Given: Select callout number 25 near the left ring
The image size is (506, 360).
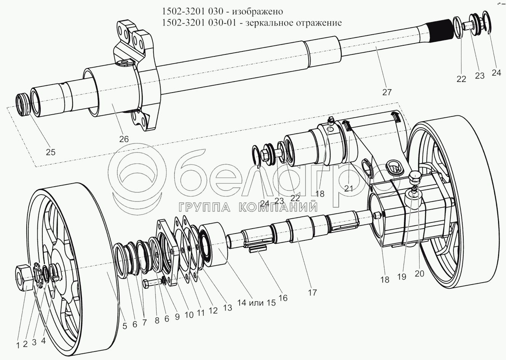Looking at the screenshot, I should tap(50, 152).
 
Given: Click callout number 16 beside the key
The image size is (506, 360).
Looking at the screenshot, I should tap(283, 298).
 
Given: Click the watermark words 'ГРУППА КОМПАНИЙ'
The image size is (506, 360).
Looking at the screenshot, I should tap(247, 206).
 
